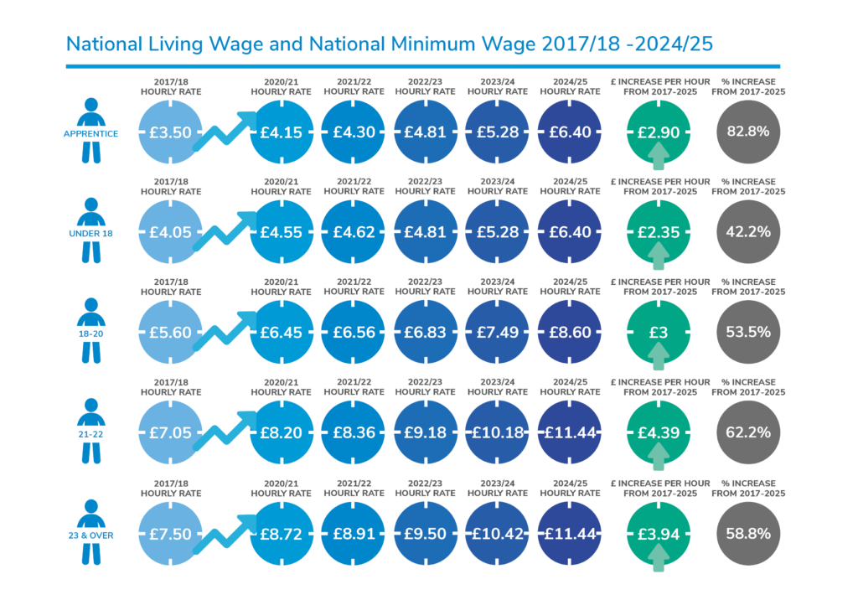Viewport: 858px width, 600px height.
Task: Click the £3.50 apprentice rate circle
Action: click(x=171, y=132)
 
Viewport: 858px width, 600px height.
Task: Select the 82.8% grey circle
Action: click(x=748, y=132)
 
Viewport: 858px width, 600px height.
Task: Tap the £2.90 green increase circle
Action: click(x=659, y=132)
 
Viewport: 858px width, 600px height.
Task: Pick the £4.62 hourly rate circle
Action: click(x=354, y=232)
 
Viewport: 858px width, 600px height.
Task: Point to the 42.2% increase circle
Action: click(x=748, y=232)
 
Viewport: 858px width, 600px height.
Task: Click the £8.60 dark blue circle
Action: click(x=571, y=332)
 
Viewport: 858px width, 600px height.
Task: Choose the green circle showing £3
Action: click(x=659, y=332)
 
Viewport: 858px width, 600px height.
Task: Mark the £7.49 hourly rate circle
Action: click(x=498, y=332)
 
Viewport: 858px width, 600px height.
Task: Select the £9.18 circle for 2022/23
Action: click(x=426, y=432)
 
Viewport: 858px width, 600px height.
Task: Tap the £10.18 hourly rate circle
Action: click(x=498, y=432)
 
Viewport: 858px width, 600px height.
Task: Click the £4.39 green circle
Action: click(x=659, y=432)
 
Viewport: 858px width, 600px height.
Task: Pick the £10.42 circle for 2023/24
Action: click(x=498, y=533)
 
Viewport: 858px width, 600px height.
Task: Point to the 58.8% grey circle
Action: click(x=748, y=533)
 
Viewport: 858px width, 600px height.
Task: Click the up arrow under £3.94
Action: click(x=659, y=556)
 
